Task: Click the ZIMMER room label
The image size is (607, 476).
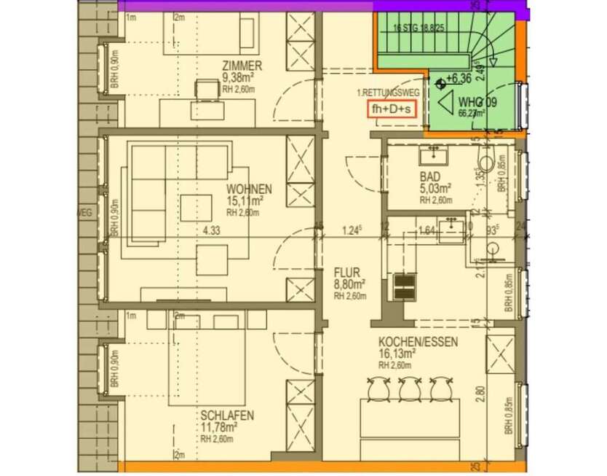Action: (242, 65)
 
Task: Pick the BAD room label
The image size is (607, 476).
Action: (430, 177)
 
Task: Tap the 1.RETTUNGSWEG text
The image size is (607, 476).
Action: (384, 93)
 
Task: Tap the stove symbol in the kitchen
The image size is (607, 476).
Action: (402, 286)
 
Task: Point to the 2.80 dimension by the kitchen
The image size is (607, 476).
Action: (477, 394)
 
